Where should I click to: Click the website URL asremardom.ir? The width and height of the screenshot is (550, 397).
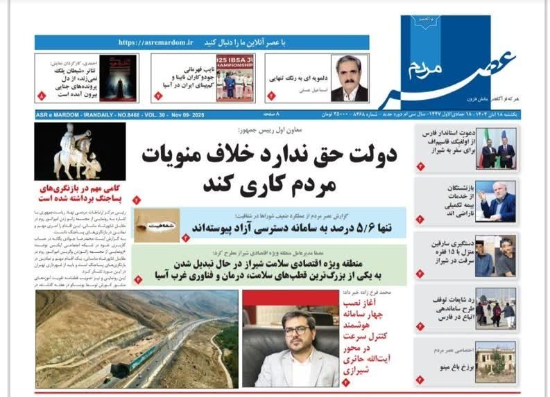[155, 42]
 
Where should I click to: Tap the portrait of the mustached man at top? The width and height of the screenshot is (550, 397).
[350, 78]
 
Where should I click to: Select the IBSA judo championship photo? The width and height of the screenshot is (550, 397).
[236, 78]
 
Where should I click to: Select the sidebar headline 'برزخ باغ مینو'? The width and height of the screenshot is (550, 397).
[449, 367]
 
